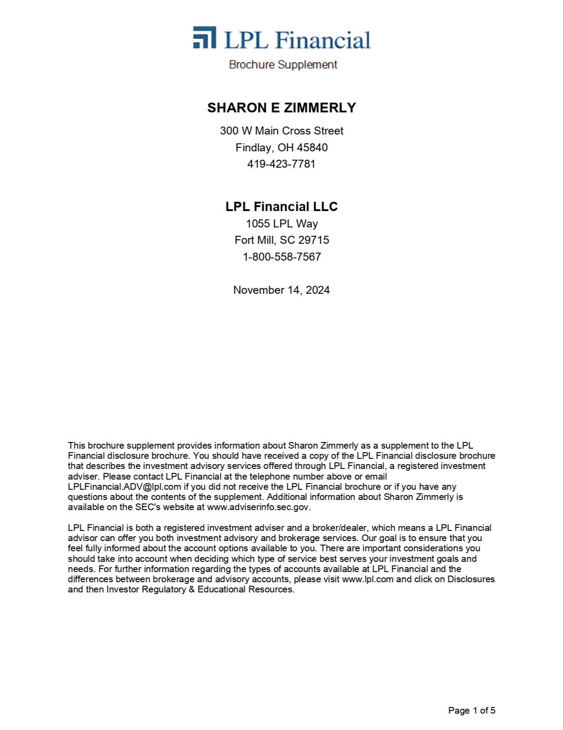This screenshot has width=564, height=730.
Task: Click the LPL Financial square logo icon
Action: (x=204, y=37)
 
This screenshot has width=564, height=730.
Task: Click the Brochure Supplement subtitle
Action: (x=283, y=65)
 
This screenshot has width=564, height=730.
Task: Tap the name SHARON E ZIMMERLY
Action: (x=281, y=108)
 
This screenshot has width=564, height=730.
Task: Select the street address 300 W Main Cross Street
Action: (x=281, y=131)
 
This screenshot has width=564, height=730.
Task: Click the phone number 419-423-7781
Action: (x=281, y=164)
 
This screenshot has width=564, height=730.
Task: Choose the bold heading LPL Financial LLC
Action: (x=281, y=207)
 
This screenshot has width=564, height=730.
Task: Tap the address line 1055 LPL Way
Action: (x=281, y=223)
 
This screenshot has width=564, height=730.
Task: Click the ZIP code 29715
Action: (x=313, y=240)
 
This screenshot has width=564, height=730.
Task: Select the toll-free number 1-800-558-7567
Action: (x=281, y=257)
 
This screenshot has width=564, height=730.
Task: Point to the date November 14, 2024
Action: (x=281, y=290)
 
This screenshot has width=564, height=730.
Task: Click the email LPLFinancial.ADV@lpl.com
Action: (x=124, y=487)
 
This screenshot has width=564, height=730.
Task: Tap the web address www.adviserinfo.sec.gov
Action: (x=258, y=507)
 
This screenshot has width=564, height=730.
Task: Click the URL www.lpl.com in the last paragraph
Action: (x=368, y=579)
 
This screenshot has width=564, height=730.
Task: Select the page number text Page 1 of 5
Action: (x=472, y=711)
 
